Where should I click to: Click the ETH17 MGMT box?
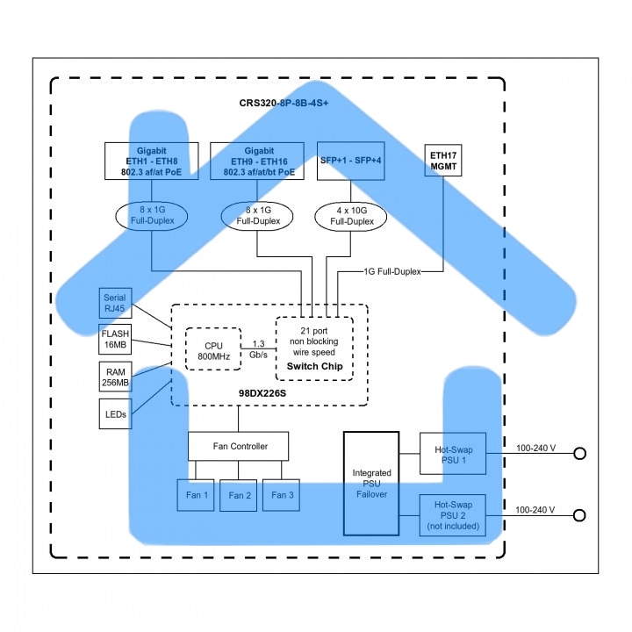point(444,160)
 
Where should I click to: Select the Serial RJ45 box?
point(114,303)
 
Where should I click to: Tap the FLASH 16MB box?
point(114,339)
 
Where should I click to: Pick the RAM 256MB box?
point(114,377)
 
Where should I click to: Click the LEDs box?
point(114,413)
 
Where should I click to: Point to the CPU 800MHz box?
point(213,348)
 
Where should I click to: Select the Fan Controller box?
point(239,447)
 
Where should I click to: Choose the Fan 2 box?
point(239,495)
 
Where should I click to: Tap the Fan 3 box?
point(282,495)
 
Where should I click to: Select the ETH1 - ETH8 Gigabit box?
point(151,162)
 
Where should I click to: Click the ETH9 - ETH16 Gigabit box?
point(258,162)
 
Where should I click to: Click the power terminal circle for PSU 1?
point(579,454)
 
